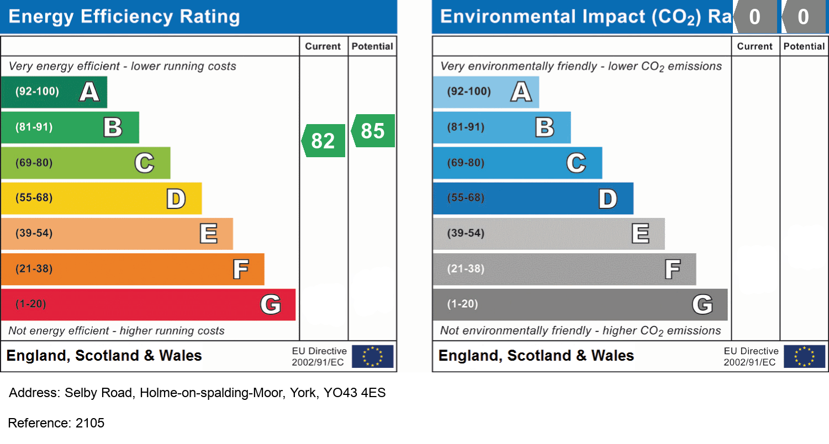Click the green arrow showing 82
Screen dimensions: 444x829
[x=324, y=141]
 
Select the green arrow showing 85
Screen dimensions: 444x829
[x=373, y=131]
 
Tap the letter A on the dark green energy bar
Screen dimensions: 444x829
[x=89, y=92]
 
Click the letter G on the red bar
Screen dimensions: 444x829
[x=271, y=304]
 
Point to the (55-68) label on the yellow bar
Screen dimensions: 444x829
[x=34, y=197]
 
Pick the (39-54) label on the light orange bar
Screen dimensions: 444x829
[x=34, y=233]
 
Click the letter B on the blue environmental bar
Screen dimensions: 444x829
[x=545, y=127]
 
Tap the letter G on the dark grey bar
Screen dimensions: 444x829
[x=703, y=304]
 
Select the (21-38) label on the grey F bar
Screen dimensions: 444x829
[x=466, y=269]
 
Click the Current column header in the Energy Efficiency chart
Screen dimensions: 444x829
[x=323, y=46]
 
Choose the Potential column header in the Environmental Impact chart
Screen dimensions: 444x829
[x=804, y=46]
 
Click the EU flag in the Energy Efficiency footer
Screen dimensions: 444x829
[x=373, y=356]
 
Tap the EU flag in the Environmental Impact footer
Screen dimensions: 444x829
[x=805, y=356]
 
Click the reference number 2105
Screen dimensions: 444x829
[x=90, y=423]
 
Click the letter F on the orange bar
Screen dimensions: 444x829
[x=240, y=269]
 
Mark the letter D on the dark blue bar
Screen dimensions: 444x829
[x=608, y=199]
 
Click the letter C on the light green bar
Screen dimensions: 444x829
[x=144, y=163]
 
